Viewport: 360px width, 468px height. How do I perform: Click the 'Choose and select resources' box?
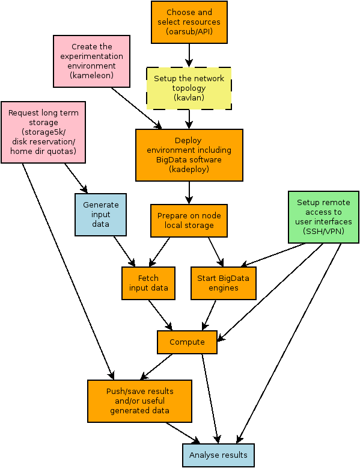pos(189,22)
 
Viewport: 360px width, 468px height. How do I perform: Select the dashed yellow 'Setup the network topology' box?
pos(189,88)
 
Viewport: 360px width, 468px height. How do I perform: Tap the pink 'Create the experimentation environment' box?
pos(91,61)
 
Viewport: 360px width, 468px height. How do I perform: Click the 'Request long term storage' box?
pos(43,132)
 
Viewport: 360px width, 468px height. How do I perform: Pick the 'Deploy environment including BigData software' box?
pos(189,155)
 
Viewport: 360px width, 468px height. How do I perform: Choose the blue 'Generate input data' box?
pos(100,215)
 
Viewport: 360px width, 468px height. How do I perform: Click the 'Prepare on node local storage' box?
pos(189,221)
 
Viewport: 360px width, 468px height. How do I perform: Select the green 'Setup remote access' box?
pos(323,217)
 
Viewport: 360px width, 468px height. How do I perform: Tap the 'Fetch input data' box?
pos(148,283)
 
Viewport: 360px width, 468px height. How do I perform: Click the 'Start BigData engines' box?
pos(224,283)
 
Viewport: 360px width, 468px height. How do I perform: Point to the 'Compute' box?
pos(187,342)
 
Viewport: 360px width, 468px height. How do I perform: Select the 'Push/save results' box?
pos(139,401)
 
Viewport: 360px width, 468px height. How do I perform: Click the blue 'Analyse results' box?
pos(218,455)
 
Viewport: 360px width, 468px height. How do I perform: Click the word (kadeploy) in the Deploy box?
pos(189,169)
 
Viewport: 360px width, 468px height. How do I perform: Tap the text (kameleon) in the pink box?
pos(91,75)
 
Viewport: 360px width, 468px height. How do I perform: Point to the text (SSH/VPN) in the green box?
pos(323,231)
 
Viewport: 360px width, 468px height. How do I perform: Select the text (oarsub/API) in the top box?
pos(189,31)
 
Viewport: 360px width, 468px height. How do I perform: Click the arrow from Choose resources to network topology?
pos(189,55)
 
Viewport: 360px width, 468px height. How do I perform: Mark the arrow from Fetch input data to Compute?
pos(160,315)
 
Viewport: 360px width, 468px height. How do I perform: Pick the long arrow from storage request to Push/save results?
pos(68,271)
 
